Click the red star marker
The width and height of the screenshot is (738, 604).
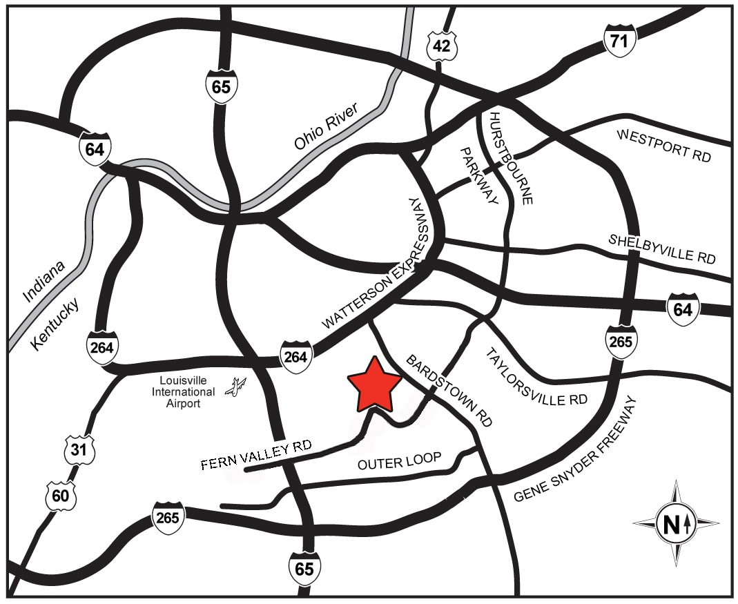click(373, 384)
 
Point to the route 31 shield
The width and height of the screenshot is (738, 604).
click(80, 451)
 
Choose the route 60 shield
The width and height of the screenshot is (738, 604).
click(60, 496)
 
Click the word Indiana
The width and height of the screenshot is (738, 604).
click(43, 281)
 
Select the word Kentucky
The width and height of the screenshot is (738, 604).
click(56, 324)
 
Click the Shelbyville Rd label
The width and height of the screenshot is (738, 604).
click(661, 249)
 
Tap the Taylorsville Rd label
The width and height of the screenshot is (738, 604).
click(536, 377)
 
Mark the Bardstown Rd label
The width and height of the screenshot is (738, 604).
click(449, 391)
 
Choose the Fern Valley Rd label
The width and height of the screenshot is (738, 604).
click(256, 455)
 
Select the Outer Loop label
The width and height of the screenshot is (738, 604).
click(399, 462)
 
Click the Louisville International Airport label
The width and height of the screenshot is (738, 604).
click(183, 392)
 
